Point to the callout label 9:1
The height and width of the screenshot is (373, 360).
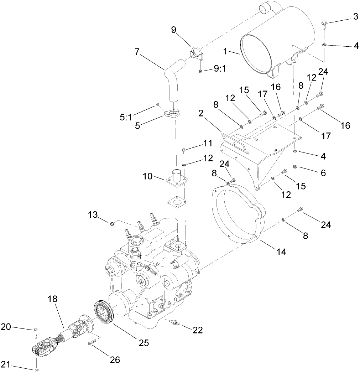tap(219, 70)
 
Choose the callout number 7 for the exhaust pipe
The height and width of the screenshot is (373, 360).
tap(137, 52)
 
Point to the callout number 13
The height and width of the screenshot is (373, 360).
tap(93, 215)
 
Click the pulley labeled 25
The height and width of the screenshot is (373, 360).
tap(104, 310)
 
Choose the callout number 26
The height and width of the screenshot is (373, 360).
tap(114, 360)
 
